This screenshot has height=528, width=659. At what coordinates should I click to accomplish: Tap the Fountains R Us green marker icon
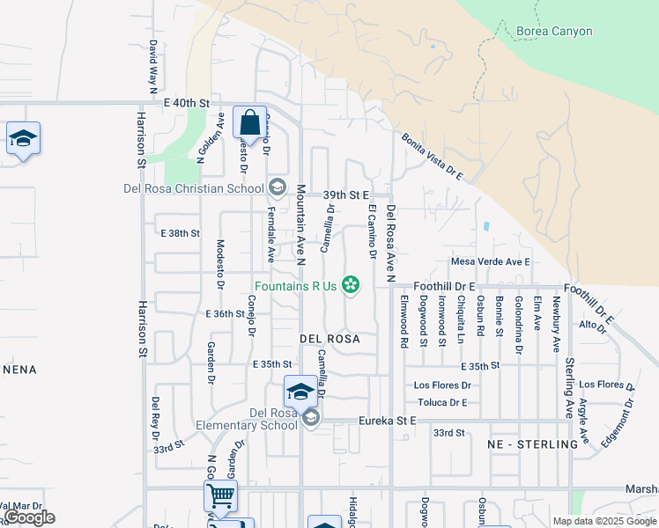click(x=351, y=284)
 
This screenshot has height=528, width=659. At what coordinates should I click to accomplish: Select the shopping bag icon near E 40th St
click(x=249, y=122)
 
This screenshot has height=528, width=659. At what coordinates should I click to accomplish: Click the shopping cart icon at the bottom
click(x=220, y=495)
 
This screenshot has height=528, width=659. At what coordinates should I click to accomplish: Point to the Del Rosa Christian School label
click(x=194, y=188)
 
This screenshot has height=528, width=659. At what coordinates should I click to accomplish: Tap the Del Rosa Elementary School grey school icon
click(x=310, y=419)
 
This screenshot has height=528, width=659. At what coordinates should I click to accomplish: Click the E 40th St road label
click(x=186, y=103)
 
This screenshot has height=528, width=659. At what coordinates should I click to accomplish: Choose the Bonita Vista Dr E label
click(x=433, y=157)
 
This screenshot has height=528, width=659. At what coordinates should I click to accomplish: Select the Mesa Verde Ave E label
click(x=491, y=261)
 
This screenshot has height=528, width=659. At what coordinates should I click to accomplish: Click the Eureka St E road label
click(x=387, y=422)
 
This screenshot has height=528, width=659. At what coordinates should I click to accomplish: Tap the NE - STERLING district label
click(x=533, y=444)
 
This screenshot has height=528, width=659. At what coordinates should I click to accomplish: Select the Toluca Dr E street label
click(x=441, y=402)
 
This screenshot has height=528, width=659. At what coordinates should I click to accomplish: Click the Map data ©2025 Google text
click(x=604, y=521)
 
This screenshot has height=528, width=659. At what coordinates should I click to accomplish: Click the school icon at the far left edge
click(x=23, y=139)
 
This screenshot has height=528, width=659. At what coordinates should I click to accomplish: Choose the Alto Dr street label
click(x=593, y=324)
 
